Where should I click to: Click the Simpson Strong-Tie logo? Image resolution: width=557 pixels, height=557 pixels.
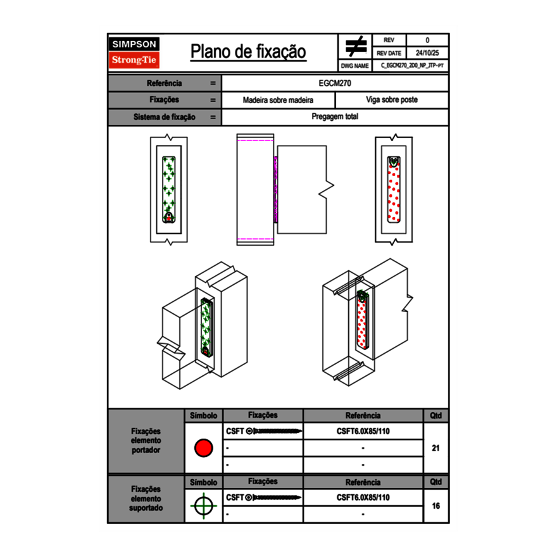135,53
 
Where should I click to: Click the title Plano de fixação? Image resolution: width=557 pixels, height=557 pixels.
248,52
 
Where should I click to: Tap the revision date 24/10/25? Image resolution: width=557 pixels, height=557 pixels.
427,53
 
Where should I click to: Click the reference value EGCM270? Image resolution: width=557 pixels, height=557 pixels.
335,83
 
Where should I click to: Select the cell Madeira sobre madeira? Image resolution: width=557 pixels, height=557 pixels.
278,100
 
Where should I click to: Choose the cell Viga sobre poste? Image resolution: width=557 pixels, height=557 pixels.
392,100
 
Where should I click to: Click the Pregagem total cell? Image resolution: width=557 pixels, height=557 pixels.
335,117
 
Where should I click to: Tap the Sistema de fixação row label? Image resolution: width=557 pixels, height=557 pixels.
165,117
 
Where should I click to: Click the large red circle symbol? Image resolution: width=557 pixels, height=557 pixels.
203,448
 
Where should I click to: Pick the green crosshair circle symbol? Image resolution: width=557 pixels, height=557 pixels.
203,506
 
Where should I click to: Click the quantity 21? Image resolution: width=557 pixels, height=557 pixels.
435,448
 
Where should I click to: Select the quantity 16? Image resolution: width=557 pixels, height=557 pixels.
435,506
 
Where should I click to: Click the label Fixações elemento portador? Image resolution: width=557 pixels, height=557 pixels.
146,441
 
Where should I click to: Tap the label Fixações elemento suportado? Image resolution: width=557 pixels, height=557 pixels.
146,498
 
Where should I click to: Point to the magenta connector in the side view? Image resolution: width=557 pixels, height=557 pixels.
275,189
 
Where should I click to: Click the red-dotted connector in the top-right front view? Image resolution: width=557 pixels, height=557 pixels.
394,189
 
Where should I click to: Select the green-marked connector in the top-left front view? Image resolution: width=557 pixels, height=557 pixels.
168,189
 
